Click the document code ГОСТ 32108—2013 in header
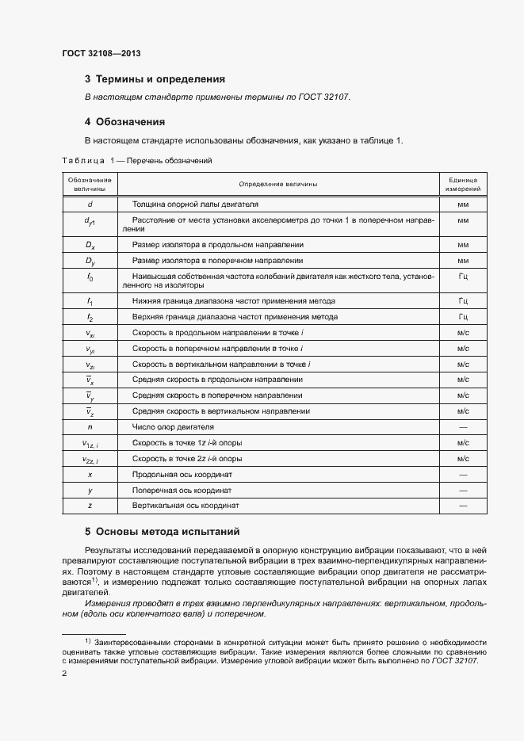pos(101,54)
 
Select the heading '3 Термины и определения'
pos(155,79)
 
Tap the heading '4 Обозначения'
pos(124,122)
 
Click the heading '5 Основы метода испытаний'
pos(162,531)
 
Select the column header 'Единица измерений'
pos(463,185)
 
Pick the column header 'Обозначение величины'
pos(90,185)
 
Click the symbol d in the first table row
pos(90,204)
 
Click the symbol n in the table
pos(90,426)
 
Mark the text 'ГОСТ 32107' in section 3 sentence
pos(326,97)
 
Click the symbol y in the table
pos(90,490)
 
